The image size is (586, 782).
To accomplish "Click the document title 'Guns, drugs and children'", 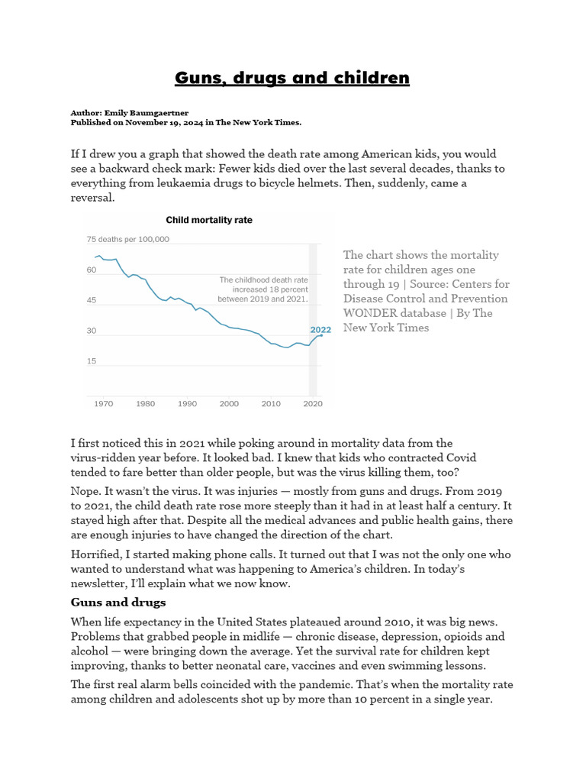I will pyautogui.click(x=292, y=78).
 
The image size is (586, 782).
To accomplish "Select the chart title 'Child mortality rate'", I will pyautogui.click(x=209, y=220).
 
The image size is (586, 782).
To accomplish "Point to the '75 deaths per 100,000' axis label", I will pyautogui.click(x=128, y=239).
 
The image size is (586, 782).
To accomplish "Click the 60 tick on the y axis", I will pyautogui.click(x=92, y=270).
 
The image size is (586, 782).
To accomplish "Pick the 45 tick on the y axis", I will pyautogui.click(x=92, y=301).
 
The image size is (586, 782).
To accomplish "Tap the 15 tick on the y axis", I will pyautogui.click(x=92, y=361).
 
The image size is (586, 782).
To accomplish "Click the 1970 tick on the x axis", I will pyautogui.click(x=104, y=404).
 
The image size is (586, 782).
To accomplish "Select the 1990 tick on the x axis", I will pyautogui.click(x=187, y=404).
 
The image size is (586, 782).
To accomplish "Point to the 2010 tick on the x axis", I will pyautogui.click(x=270, y=404).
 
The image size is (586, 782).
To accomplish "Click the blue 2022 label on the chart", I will pyautogui.click(x=320, y=330).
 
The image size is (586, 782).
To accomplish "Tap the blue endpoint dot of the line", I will pyautogui.click(x=321, y=335).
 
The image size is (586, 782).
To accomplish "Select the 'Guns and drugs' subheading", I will pyautogui.click(x=118, y=603).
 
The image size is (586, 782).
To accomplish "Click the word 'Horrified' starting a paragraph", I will pyautogui.click(x=97, y=554).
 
